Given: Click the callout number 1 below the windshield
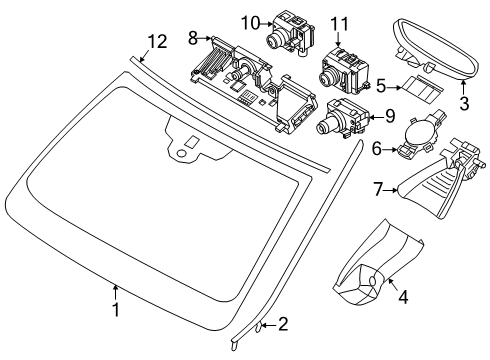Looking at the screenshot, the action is tap(115, 310).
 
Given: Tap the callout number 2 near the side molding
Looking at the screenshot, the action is tap(283, 324).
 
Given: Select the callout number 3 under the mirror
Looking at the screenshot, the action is tap(464, 103).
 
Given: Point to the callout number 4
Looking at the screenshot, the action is tap(403, 297).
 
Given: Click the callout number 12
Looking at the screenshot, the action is tap(157, 42).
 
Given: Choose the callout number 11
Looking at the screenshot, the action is tap(339, 24).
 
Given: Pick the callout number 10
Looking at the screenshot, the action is tap(250, 23).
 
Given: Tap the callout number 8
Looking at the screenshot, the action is tap(193, 38).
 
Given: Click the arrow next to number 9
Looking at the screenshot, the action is tap(376, 117).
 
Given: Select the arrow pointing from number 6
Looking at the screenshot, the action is tap(390, 150).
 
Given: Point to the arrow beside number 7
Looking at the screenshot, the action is tap(390, 190).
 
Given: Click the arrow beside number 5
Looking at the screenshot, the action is tap(394, 88).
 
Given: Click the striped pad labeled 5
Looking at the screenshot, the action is tap(422, 89).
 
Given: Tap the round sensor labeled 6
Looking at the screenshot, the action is tap(419, 135).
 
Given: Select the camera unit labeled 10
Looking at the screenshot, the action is tap(291, 32).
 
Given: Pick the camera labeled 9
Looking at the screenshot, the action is tap(342, 118).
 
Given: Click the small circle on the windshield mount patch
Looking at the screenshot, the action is tap(181, 153).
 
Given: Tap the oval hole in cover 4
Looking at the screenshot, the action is tap(372, 281).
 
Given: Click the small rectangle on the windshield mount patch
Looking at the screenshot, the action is tap(191, 143).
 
